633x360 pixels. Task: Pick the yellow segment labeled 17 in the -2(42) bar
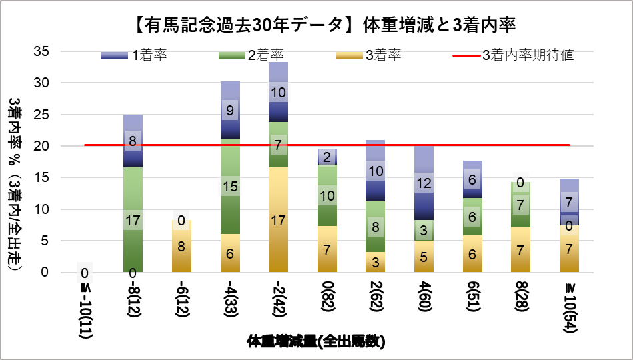pos(278,220)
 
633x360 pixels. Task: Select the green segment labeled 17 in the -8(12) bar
pos(133,219)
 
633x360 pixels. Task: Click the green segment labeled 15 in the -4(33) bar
pos(230,187)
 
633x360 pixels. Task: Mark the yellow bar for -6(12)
pos(181,246)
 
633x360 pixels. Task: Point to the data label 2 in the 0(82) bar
pos(327,157)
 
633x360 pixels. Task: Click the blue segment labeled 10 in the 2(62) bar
pos(376,171)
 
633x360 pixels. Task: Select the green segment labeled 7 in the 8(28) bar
pos(520,205)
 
